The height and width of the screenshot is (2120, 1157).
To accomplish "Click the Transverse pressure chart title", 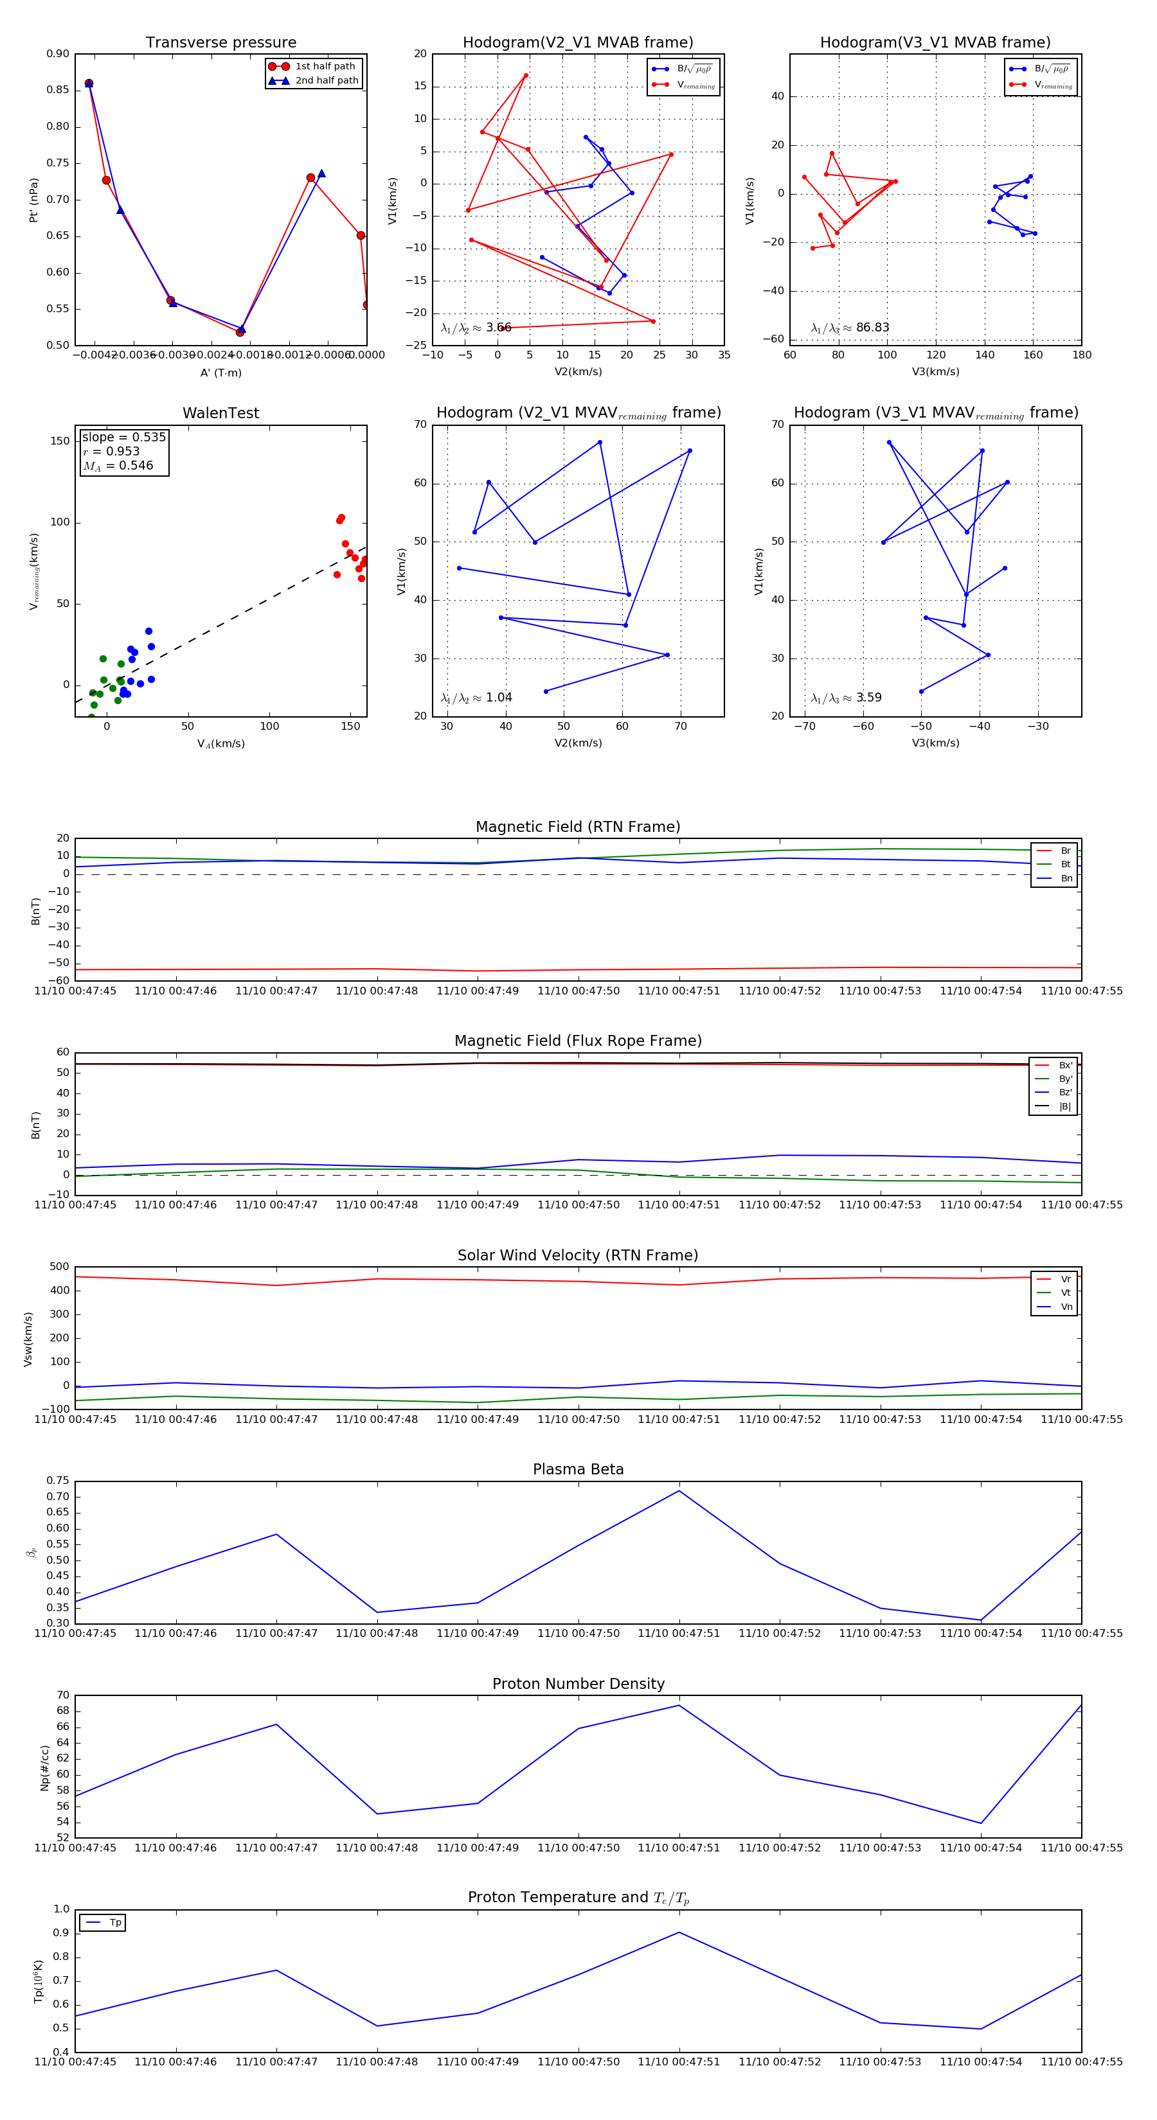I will click(220, 43).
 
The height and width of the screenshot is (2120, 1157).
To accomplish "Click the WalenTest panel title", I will click(220, 413).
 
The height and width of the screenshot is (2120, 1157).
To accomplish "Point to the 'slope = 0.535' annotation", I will click(123, 437).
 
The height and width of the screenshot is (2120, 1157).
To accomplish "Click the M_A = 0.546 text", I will click(118, 466).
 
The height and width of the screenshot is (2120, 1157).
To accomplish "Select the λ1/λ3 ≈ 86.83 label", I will click(850, 328).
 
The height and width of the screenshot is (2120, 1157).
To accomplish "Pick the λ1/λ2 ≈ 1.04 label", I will click(476, 698).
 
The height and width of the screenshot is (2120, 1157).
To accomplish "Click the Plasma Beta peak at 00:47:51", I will click(679, 1490).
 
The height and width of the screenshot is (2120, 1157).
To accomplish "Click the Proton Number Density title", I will click(578, 1684).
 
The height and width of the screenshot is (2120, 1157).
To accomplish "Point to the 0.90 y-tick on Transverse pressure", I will click(58, 55).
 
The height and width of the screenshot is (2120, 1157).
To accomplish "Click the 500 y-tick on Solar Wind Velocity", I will click(58, 1267).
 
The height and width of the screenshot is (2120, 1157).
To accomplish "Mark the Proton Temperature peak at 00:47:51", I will click(679, 1932).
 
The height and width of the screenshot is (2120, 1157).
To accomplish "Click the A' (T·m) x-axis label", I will click(220, 373).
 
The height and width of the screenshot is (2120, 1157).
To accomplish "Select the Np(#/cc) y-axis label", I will click(44, 1767).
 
